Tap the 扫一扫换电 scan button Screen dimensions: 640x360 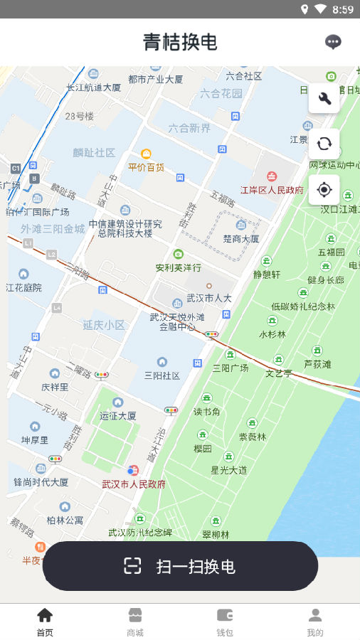180,566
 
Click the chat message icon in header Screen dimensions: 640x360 333,42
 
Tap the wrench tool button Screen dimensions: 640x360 324,98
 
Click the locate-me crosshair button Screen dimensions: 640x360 324,189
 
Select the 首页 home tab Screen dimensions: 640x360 45,622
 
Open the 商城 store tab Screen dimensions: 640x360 135,622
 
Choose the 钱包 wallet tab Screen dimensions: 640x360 225,622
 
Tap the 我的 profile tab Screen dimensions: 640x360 315,622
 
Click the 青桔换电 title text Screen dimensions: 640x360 180,42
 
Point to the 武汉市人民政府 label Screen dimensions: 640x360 134,484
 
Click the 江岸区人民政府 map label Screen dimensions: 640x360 272,190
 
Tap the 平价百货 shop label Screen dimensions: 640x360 146,167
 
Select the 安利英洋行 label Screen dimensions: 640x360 178,268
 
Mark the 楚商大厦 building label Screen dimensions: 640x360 240,239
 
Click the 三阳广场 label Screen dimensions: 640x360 231,368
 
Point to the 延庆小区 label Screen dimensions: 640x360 104,325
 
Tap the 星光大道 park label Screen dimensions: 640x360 229,470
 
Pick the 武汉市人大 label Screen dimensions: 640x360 209,297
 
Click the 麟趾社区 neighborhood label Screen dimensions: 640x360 94,152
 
